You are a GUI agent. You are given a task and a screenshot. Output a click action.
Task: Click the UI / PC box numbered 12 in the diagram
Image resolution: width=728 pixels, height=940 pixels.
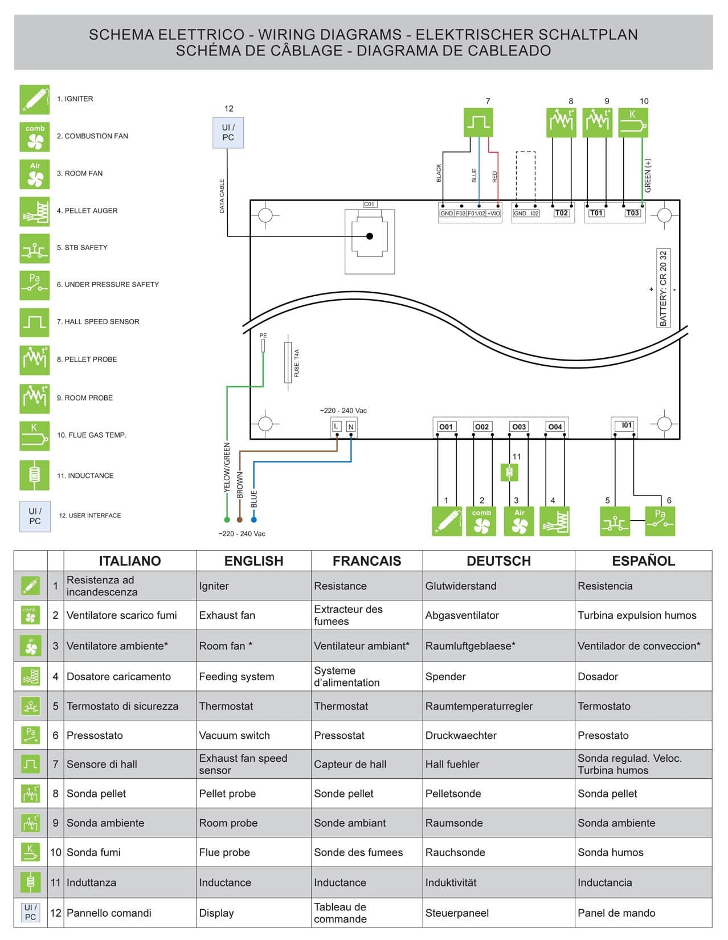pyautogui.click(x=228, y=133)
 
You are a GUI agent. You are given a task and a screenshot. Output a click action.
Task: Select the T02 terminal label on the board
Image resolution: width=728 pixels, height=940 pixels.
pyautogui.click(x=561, y=213)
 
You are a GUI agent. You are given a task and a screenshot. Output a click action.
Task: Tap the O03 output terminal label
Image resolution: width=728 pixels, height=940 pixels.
pyautogui.click(x=518, y=427)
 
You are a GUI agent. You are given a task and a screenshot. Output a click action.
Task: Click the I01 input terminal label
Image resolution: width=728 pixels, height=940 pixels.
pyautogui.click(x=627, y=425)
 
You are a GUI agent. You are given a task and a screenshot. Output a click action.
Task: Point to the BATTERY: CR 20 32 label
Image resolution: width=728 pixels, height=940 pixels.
pyautogui.click(x=663, y=288)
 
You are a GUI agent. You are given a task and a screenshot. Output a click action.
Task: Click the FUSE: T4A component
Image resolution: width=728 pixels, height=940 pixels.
pyautogui.click(x=288, y=362)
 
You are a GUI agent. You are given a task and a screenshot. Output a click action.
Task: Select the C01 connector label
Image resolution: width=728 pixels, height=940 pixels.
pyautogui.click(x=370, y=204)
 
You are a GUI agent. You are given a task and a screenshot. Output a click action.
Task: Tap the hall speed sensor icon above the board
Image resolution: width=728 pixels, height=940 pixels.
pyautogui.click(x=478, y=122)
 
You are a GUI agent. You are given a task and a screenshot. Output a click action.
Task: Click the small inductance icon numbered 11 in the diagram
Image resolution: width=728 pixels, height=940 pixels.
pyautogui.click(x=509, y=472)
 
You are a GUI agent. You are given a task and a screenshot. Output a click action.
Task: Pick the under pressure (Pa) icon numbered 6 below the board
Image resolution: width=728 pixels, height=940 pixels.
pyautogui.click(x=660, y=521)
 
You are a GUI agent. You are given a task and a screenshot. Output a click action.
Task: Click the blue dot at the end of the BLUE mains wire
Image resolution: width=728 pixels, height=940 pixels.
pyautogui.click(x=254, y=520)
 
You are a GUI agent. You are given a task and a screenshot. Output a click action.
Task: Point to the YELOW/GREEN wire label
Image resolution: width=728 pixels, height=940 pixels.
pyautogui.click(x=227, y=467)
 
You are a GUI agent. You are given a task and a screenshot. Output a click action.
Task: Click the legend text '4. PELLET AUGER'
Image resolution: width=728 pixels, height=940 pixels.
pyautogui.click(x=87, y=211)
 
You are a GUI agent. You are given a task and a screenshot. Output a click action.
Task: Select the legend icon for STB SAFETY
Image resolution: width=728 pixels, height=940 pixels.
pyautogui.click(x=35, y=248)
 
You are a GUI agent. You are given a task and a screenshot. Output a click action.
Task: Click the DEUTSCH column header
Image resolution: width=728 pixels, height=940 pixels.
pyautogui.click(x=498, y=561)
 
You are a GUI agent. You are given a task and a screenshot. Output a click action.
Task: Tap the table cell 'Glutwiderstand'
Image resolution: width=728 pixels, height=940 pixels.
pyautogui.click(x=460, y=586)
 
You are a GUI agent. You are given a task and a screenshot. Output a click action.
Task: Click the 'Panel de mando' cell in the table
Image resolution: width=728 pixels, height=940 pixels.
pyautogui.click(x=616, y=913)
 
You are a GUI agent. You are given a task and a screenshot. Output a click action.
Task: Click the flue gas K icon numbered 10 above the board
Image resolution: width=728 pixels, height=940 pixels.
pyautogui.click(x=633, y=122)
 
